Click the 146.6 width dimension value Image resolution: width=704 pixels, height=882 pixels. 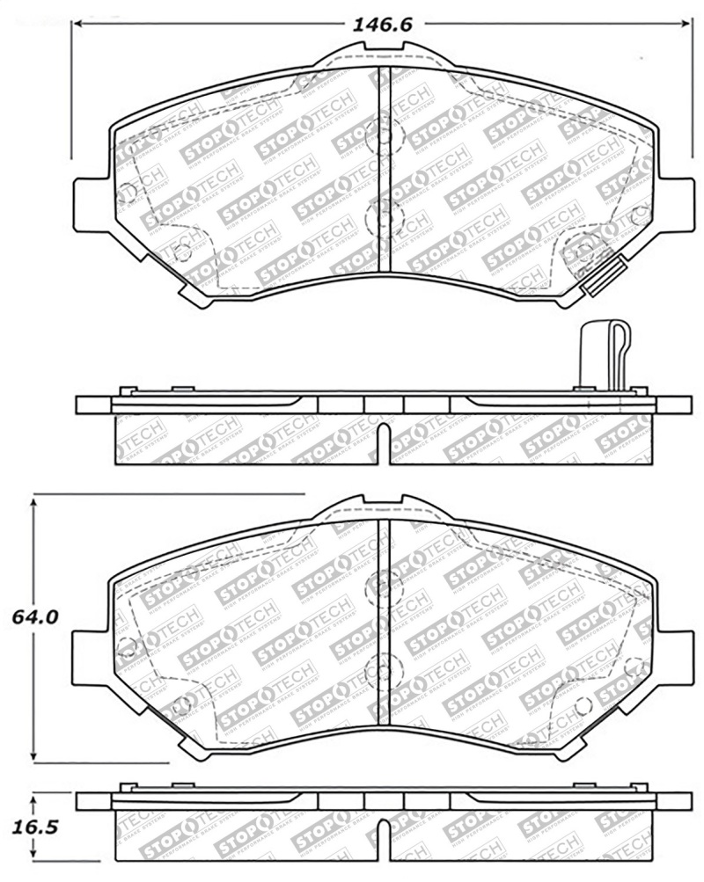click(383, 25)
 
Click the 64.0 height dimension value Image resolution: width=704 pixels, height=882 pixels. click(35, 617)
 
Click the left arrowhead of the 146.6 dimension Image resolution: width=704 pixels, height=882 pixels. click(77, 25)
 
